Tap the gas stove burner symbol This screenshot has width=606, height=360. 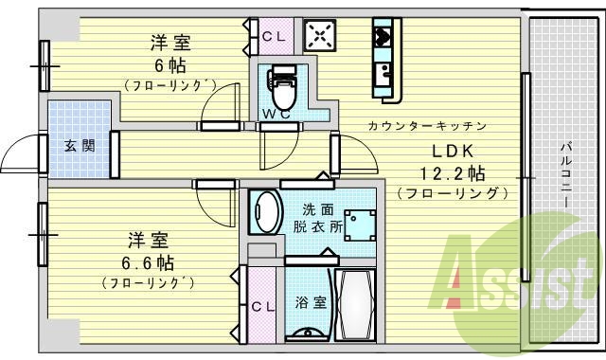pyautogui.click(x=320, y=37)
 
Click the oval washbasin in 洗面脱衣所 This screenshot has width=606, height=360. pyautogui.click(x=265, y=212)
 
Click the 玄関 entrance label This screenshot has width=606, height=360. pyautogui.click(x=79, y=146)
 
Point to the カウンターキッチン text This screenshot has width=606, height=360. pyautogui.click(x=428, y=126)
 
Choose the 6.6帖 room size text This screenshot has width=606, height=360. pyautogui.click(x=147, y=261)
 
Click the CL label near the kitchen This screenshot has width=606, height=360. pyautogui.click(x=273, y=36)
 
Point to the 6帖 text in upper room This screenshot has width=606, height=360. pyautogui.click(x=170, y=65)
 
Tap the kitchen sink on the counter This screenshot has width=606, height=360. pyautogui.click(x=385, y=72)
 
